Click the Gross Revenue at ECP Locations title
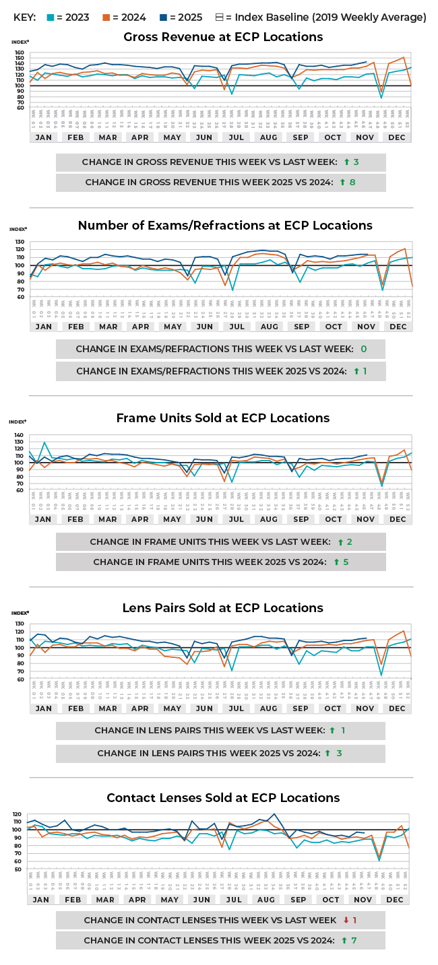pyautogui.click(x=223, y=37)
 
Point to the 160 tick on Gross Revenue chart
pyautogui.click(x=20, y=53)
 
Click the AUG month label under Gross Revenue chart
pyautogui.click(x=269, y=137)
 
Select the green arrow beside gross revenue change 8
pyautogui.click(x=343, y=182)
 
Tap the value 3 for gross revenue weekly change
pyautogui.click(x=356, y=162)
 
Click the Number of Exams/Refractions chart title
pyautogui.click(x=225, y=226)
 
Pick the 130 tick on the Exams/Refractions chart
pyautogui.click(x=20, y=242)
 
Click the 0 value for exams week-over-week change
pyautogui.click(x=364, y=350)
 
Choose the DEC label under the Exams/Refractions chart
pyautogui.click(x=398, y=327)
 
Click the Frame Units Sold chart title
pyautogui.click(x=223, y=418)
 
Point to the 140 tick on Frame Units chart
pyautogui.click(x=20, y=436)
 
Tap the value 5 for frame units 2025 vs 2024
pyautogui.click(x=346, y=562)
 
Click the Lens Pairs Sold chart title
pyautogui.click(x=223, y=608)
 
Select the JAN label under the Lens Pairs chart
pyautogui.click(x=43, y=708)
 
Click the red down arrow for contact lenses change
pyautogui.click(x=345, y=921)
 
